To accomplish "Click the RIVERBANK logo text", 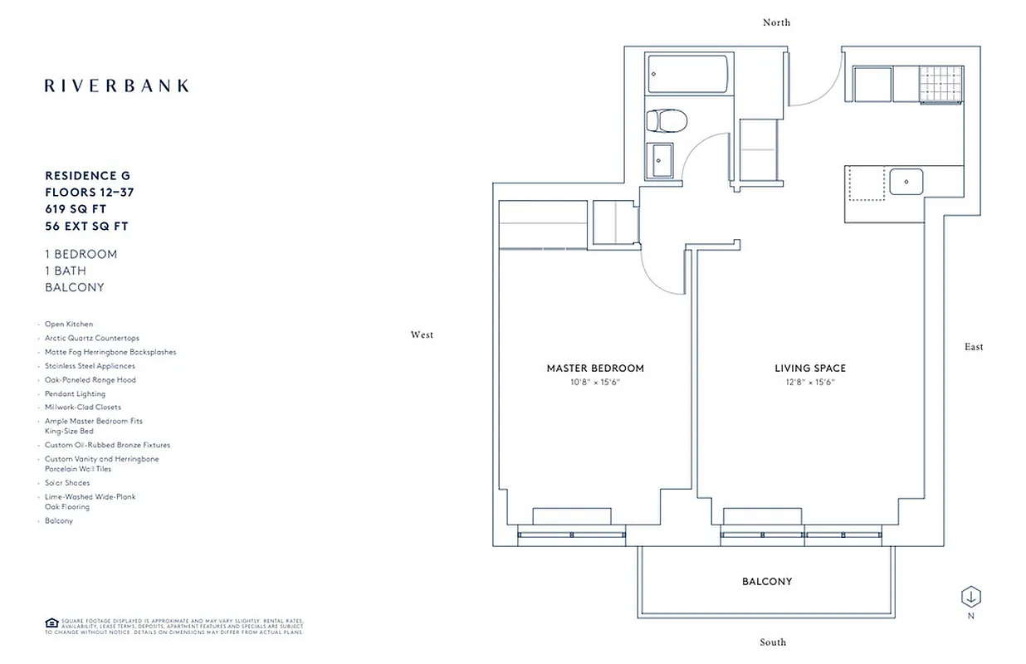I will pos(116,85).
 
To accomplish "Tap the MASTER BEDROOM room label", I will pos(595,369).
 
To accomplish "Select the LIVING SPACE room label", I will pos(810,369).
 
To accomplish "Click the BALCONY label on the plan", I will pos(767,582).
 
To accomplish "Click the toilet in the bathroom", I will pos(666,122).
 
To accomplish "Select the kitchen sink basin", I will pos(906,180).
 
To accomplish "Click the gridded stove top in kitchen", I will pos(940,84).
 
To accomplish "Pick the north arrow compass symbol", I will pos(971,596).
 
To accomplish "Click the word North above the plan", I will pos(776,22).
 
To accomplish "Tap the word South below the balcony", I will pos(773,642).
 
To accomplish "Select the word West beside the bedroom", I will pos(422,335).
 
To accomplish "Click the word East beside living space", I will pos(974,347).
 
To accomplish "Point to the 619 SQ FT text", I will pos(76,209).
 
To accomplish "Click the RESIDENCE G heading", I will pos(87,176).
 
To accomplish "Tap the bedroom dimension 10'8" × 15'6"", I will pos(595,383).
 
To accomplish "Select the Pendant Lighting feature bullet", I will pos(75,393).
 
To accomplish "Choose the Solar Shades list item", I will pos(68,483).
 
